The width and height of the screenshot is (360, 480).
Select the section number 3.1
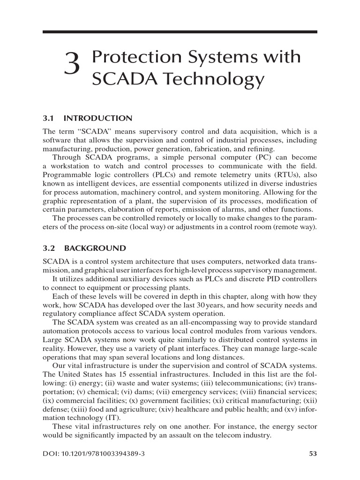point(49,118)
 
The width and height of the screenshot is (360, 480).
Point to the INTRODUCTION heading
point(98,118)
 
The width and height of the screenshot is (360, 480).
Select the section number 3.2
point(49,248)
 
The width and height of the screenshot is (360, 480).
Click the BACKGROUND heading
point(95,248)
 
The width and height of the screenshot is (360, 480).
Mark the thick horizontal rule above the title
point(180,32)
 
